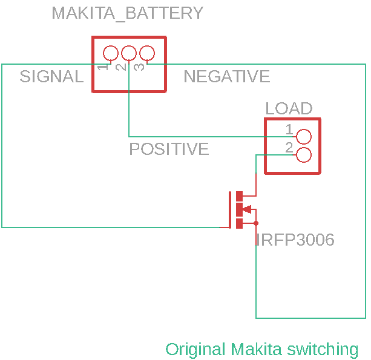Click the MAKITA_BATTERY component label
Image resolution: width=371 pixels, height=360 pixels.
coord(127,13)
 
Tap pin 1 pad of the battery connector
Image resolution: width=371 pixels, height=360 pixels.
coord(111,53)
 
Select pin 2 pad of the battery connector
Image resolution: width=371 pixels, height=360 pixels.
coord(129,53)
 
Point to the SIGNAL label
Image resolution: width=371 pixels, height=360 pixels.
coord(51,77)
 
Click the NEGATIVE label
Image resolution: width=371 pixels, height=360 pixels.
coord(226,77)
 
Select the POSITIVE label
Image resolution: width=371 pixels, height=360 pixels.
coord(169,149)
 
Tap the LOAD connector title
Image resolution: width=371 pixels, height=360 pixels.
coord(289,109)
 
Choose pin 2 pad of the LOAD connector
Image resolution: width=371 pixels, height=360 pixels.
coord(304,155)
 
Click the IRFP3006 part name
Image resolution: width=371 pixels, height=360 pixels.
coord(295,240)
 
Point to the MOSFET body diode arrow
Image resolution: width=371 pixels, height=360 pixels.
coord(246,210)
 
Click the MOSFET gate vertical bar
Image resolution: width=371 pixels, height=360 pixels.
coord(230,209)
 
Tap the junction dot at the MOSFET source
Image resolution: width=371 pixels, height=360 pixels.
coord(256,223)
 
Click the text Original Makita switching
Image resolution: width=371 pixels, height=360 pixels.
coord(261,349)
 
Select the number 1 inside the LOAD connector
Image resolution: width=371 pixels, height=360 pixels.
coord(289,129)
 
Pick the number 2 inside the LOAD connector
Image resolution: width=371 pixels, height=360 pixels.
coord(289,148)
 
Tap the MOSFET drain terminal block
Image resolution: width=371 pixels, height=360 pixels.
coord(239,196)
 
